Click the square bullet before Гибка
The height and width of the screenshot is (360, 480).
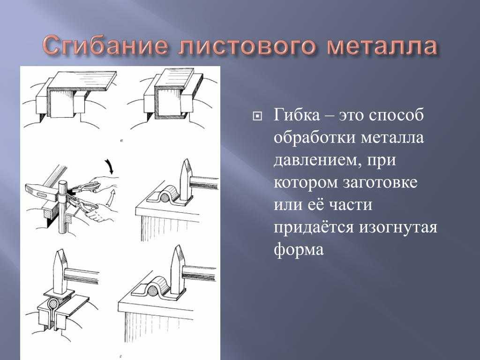tap(257, 116)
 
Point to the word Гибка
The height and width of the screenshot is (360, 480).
tap(297, 115)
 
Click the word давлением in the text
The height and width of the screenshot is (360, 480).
tap(315, 160)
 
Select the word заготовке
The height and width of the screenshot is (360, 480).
tap(380, 182)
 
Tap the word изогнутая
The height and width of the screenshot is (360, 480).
tap(398, 228)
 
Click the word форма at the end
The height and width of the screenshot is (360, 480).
tap(299, 249)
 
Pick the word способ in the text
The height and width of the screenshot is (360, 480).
tap(396, 115)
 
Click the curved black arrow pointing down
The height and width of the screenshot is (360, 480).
tap(109, 166)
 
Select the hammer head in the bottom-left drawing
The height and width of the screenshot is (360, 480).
tap(61, 272)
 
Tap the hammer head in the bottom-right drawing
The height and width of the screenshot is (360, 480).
tap(177, 270)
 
